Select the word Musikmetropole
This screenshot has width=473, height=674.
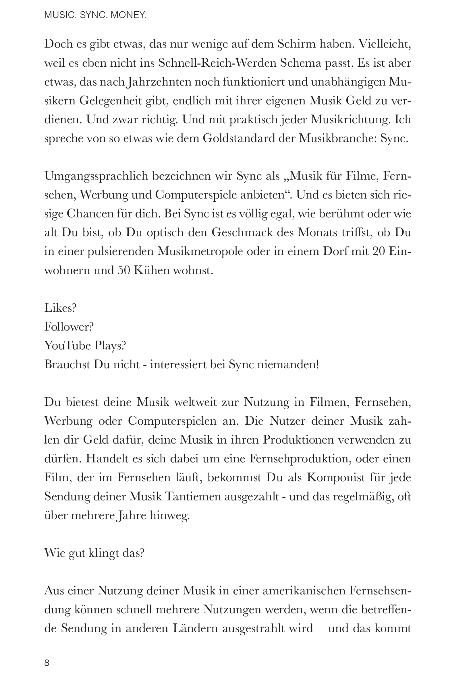(200, 251)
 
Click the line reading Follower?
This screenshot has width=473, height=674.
(69, 327)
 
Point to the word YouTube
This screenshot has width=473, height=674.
(67, 346)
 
